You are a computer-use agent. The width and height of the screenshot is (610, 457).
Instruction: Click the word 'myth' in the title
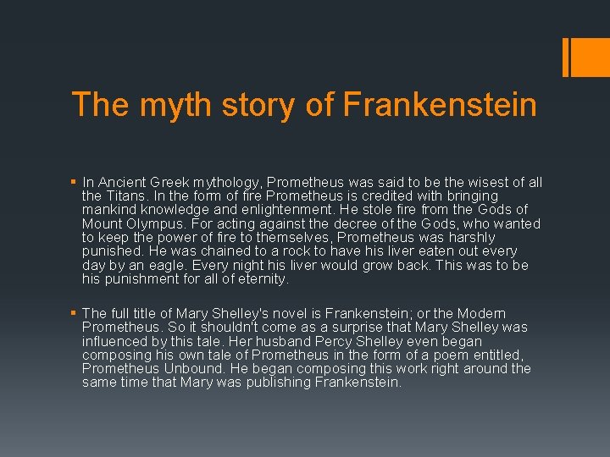(162, 105)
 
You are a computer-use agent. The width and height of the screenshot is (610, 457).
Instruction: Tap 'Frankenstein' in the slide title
(440, 105)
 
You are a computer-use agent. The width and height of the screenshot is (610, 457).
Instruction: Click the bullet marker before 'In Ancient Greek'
(75, 183)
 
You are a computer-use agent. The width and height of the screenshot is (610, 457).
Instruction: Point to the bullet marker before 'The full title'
(75, 314)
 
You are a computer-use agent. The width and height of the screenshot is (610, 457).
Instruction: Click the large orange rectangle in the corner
(585, 58)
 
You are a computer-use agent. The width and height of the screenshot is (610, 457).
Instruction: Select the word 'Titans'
(128, 196)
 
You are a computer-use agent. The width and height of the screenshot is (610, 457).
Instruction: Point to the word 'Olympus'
(162, 223)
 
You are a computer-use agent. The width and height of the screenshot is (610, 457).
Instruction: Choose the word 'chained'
(178, 251)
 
